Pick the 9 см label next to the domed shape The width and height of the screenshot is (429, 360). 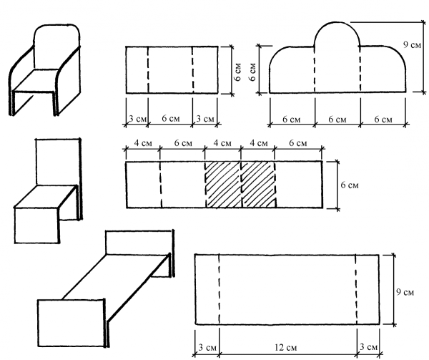(412, 44)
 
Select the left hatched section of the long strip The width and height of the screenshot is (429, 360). (223, 185)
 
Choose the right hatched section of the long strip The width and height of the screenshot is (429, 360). (259, 185)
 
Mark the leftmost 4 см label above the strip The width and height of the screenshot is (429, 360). (142, 144)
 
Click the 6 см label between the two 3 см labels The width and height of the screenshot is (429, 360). (170, 117)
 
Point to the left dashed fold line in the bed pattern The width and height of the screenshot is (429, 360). (219, 289)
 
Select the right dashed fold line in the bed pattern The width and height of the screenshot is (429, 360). (356, 289)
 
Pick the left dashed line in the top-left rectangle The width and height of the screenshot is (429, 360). (148, 69)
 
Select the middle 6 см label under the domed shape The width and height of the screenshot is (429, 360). (337, 117)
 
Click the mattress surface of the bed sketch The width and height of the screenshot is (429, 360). (114, 279)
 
